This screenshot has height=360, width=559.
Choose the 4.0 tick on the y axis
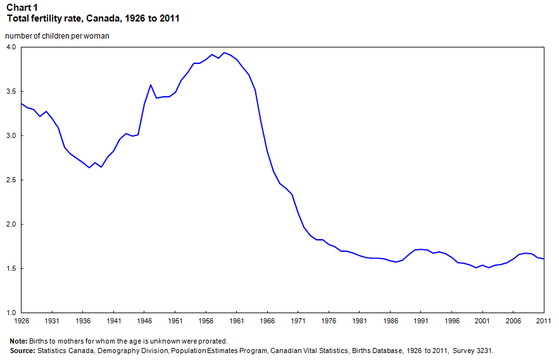pyautogui.click(x=11, y=47)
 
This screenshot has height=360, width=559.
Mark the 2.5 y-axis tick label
pyautogui.click(x=11, y=180)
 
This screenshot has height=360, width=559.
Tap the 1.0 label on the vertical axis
pyautogui.click(x=11, y=313)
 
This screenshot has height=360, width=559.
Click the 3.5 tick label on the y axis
pyautogui.click(x=11, y=92)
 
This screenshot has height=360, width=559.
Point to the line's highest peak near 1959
pyautogui.click(x=224, y=53)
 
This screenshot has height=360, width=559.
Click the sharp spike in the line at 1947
pyautogui.click(x=151, y=85)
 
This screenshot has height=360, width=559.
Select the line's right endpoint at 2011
pyautogui.click(x=543, y=259)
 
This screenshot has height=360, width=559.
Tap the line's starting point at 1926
pyautogui.click(x=22, y=104)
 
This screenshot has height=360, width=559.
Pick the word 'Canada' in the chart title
pyautogui.click(x=110, y=18)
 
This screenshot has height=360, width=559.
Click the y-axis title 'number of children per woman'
pyautogui.click(x=58, y=36)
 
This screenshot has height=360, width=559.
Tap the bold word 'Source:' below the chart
pyautogui.click(x=23, y=350)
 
